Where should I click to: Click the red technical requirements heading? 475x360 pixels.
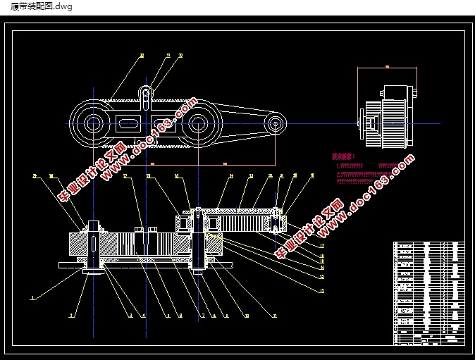click(x=343, y=156)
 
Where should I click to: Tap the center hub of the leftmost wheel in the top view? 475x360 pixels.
click(x=94, y=124)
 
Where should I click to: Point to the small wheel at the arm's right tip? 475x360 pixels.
click(x=276, y=124)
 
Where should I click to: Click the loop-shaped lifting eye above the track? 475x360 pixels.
click(x=146, y=91)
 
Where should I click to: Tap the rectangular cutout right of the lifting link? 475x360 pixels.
click(x=161, y=124)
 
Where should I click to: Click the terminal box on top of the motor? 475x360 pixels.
click(x=395, y=92)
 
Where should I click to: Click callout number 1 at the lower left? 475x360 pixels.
click(x=32, y=298)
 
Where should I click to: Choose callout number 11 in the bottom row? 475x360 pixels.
click(x=275, y=316)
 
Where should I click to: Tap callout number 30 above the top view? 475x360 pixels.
click(x=142, y=55)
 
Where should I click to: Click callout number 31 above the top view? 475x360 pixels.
click(x=168, y=55)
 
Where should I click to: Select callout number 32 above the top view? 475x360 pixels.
click(x=180, y=55)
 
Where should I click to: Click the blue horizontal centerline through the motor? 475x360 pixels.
click(x=423, y=123)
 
